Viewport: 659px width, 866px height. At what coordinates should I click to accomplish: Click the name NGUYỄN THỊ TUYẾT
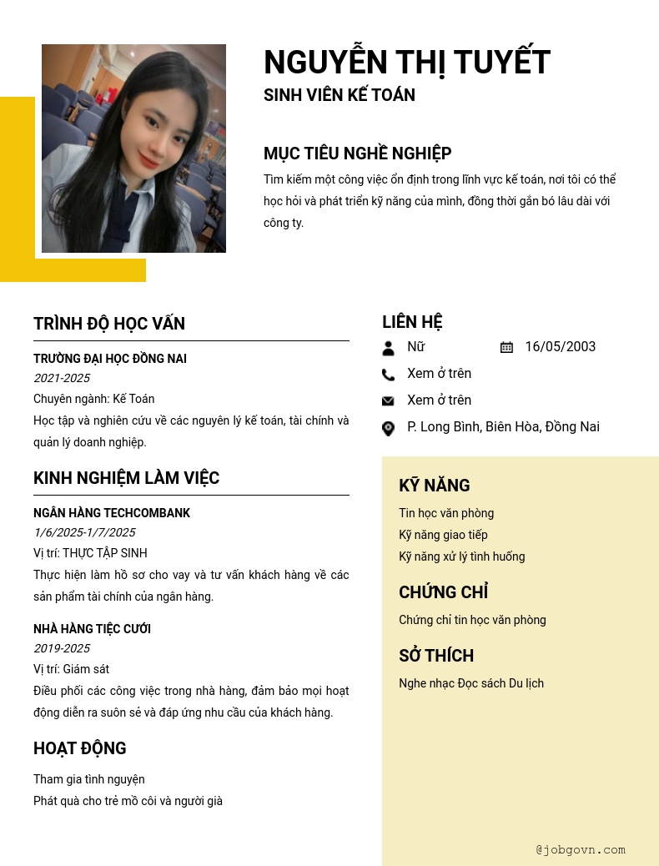407,63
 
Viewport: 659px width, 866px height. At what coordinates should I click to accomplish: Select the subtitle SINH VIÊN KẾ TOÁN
340,95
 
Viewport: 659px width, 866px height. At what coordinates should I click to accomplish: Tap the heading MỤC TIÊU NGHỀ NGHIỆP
358,154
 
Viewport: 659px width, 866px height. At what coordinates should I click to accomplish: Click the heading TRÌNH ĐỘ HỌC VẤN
109,324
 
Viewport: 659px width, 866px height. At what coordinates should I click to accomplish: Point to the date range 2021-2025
62,378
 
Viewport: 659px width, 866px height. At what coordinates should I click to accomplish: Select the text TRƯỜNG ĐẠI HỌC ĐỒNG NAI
110,359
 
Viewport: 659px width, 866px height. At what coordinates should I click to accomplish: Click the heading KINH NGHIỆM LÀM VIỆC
126,478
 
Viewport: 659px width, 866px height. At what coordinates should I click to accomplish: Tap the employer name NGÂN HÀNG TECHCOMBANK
112,513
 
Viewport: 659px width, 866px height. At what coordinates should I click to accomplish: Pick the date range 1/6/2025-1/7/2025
84,532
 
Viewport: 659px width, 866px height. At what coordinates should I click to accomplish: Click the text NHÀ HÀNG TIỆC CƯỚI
92,629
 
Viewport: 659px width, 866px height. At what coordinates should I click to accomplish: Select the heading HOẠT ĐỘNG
80,748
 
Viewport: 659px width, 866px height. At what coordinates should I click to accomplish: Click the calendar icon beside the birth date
506,347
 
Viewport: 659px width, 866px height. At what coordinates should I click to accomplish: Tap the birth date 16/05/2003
561,347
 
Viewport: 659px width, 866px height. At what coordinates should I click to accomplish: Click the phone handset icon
388,375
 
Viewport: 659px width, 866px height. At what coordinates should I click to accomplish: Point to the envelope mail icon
388,401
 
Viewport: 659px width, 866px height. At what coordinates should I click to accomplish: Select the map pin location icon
388,428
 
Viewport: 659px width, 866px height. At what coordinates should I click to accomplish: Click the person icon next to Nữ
388,348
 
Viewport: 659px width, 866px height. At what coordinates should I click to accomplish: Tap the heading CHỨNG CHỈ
443,592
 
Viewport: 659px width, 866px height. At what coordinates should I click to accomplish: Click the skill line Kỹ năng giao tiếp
443,535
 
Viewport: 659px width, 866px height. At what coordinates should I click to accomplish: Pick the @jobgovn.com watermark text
581,850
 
